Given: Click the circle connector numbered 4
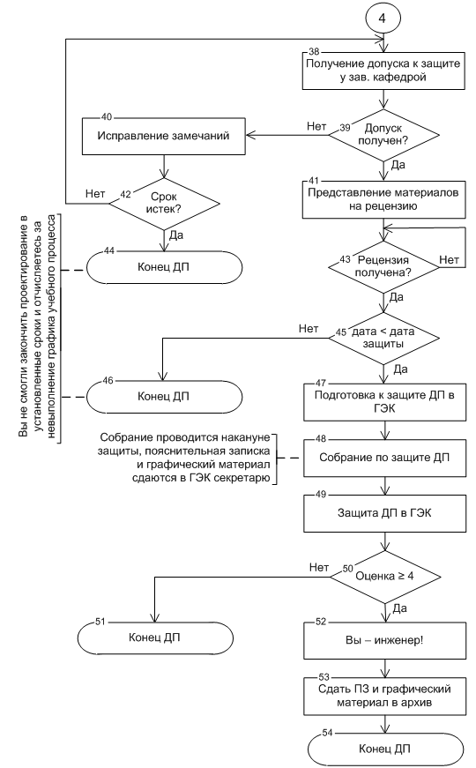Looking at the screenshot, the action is tap(383, 18).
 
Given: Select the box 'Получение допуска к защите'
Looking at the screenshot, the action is tap(383, 71).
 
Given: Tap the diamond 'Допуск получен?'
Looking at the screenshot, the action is tap(383, 135).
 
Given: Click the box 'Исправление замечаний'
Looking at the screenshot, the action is tap(164, 136).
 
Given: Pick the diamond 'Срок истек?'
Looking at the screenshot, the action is tap(164, 204).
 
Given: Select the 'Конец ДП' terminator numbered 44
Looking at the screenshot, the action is tap(164, 267).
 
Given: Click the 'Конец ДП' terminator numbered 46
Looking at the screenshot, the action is tap(164, 396).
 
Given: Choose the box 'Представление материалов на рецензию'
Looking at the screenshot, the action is tap(383, 199).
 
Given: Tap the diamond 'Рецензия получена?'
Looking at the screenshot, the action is tap(383, 267).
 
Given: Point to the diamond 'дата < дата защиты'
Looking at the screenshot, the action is tap(383, 338).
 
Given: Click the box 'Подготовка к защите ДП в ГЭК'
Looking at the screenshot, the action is tap(384, 401).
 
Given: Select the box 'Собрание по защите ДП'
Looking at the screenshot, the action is tap(384, 458).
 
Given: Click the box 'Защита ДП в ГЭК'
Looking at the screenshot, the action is tap(384, 513).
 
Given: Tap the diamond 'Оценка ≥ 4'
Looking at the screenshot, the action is tap(384, 576).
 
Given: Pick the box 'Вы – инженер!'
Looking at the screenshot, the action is tap(384, 640).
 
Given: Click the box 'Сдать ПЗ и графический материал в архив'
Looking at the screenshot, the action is tap(384, 696).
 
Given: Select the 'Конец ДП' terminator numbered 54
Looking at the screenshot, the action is tap(385, 749).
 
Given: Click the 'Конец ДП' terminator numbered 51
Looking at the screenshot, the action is tap(155, 638).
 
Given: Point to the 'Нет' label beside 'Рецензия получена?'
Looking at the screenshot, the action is tap(449, 259).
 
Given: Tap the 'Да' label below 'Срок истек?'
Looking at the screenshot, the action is tap(176, 235).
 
